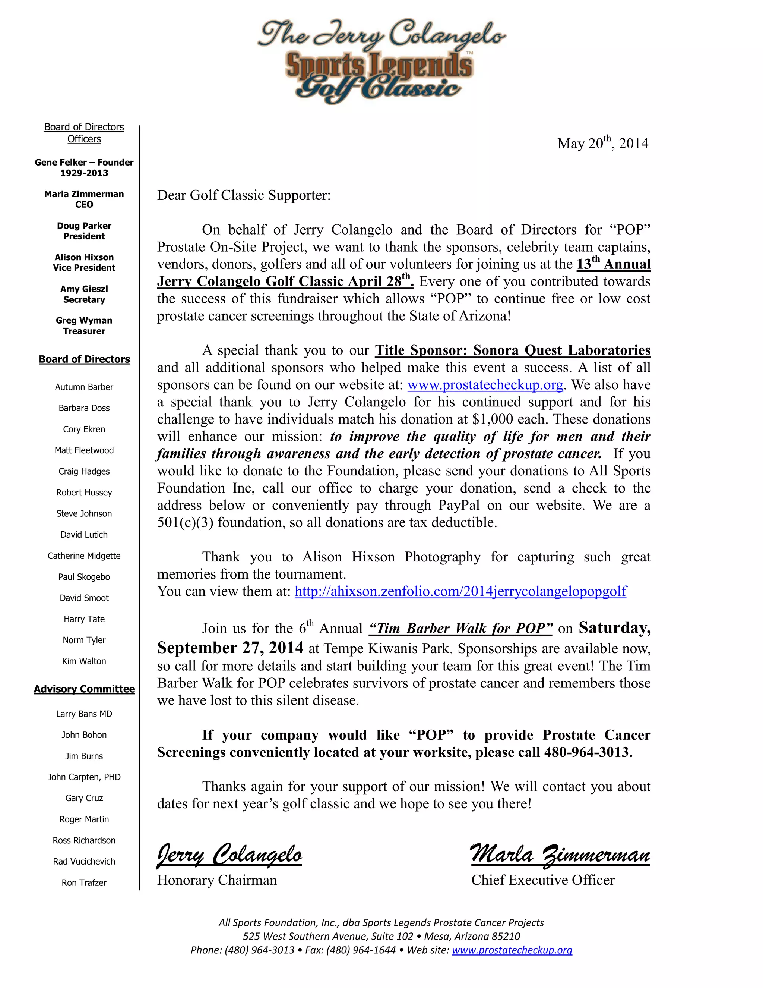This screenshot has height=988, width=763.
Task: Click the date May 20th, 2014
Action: [602, 144]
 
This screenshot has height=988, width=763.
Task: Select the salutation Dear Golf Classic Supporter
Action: [244, 195]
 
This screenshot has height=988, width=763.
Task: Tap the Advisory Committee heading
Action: [84, 689]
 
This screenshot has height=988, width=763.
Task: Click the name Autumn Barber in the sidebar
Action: [84, 387]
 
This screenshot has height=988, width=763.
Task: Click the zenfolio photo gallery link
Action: [460, 591]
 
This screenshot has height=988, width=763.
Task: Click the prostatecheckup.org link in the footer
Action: [512, 950]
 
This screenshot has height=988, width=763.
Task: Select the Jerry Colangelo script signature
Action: [229, 855]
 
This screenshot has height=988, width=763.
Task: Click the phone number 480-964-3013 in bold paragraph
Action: [587, 752]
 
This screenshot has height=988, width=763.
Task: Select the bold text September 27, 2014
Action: [230, 648]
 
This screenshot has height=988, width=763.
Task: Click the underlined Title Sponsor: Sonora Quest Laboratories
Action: [513, 350]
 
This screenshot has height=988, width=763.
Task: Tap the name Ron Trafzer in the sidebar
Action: [84, 882]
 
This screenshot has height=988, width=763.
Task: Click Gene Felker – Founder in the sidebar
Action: [84, 163]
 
